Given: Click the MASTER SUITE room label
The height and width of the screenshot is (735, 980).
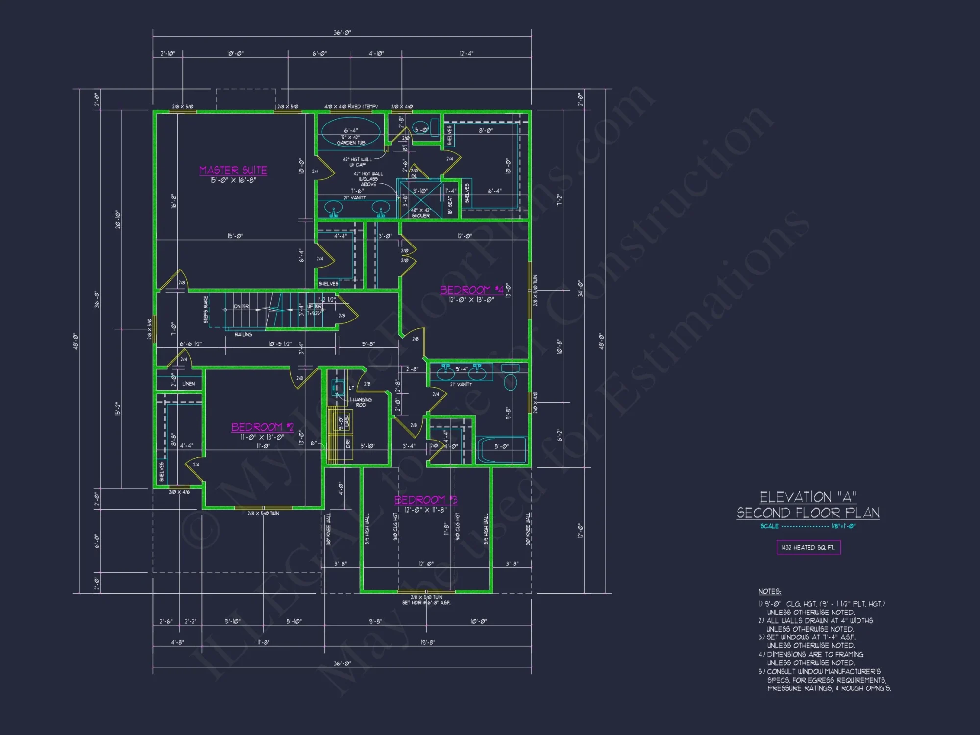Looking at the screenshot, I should click(233, 170).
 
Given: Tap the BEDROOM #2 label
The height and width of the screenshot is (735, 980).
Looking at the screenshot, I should click(262, 427).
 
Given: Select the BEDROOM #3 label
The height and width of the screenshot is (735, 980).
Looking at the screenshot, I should click(425, 500).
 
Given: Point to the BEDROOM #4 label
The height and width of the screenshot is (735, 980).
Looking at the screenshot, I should click(471, 290).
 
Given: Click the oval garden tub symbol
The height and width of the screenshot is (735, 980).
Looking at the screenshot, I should click(350, 131).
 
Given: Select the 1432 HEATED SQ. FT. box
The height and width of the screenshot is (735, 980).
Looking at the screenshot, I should click(808, 547).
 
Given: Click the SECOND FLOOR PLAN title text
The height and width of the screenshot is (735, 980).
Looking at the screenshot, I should click(808, 513).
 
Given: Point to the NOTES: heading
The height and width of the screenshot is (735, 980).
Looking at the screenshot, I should click(769, 592).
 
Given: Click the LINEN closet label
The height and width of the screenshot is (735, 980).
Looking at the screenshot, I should click(188, 384).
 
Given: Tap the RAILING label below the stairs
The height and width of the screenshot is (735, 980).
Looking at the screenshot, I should click(243, 334).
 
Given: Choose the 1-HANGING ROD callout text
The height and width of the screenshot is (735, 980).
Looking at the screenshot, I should click(361, 402).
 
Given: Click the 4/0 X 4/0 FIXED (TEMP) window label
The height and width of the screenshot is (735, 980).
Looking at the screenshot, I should click(351, 106).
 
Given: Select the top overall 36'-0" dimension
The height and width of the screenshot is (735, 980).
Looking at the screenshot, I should click(342, 33).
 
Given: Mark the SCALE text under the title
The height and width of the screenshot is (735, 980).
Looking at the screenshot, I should click(769, 526).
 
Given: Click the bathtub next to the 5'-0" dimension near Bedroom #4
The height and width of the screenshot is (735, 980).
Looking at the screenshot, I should click(502, 450).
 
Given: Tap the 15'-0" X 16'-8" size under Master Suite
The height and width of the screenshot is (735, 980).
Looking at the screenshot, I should click(233, 180).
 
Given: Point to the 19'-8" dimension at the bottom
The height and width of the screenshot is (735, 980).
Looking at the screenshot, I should click(428, 642).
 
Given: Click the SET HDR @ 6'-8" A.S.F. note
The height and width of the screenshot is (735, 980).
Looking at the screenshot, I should click(426, 603).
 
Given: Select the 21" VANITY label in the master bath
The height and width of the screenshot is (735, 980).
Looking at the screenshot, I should click(355, 198).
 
